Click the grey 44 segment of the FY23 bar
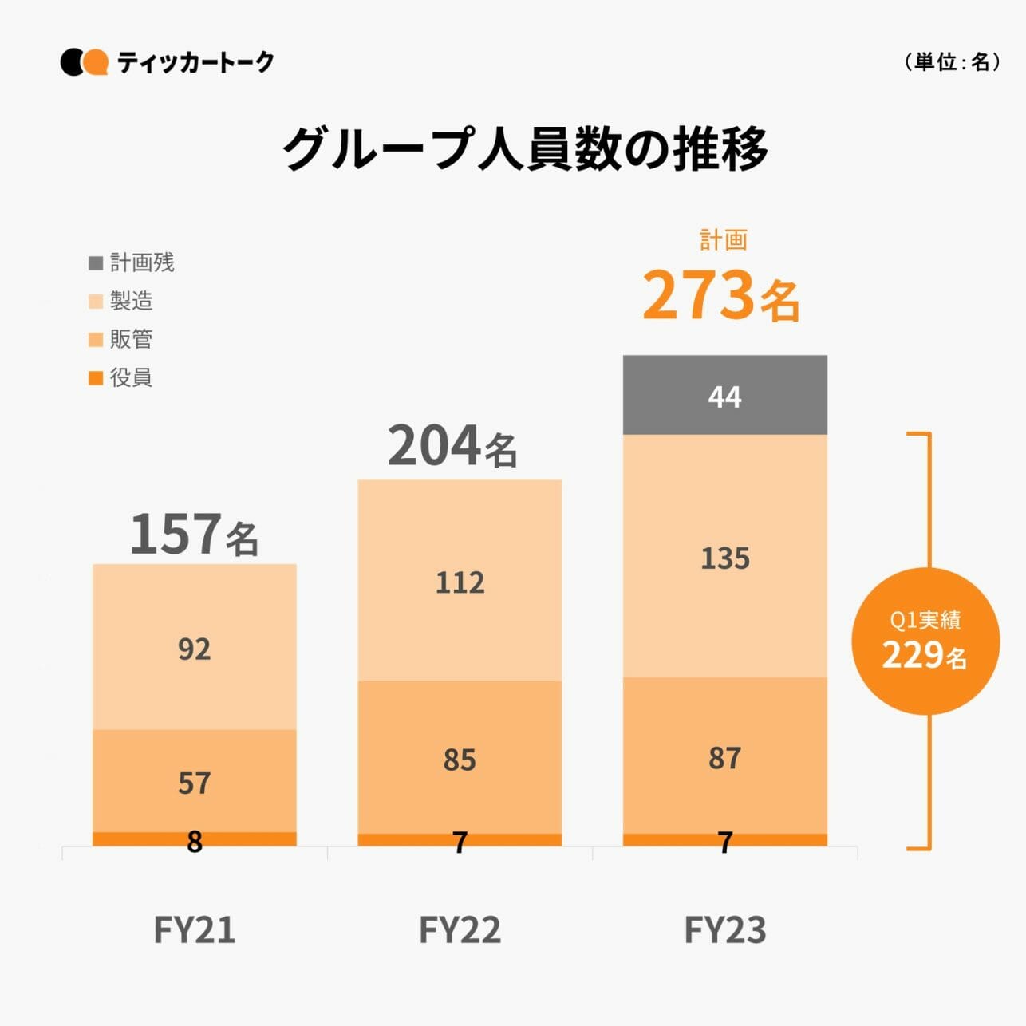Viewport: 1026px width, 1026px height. pos(724,396)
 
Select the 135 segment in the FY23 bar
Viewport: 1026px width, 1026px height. pos(724,557)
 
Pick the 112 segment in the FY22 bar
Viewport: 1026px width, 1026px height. pos(460,581)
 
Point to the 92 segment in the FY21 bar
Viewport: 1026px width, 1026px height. pos(194,648)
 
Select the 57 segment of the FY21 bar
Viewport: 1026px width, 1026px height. pos(194,782)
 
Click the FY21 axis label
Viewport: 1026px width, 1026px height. pos(194,929)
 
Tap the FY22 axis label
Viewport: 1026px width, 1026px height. pos(460,929)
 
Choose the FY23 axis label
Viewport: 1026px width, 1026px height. pos(724,929)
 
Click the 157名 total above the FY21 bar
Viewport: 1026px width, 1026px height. pos(194,534)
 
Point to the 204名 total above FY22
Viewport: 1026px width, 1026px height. pos(452,446)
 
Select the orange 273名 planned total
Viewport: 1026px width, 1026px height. pos(720,295)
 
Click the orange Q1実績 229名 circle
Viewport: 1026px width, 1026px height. pos(925,641)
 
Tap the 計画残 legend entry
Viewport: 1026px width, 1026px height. pos(132,262)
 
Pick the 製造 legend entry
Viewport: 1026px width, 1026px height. pos(121,301)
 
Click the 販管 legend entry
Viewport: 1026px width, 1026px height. pos(121,339)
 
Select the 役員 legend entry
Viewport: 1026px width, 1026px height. pos(121,377)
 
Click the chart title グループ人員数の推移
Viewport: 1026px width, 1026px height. pos(524,148)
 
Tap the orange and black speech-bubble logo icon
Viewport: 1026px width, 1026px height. pos(84,62)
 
